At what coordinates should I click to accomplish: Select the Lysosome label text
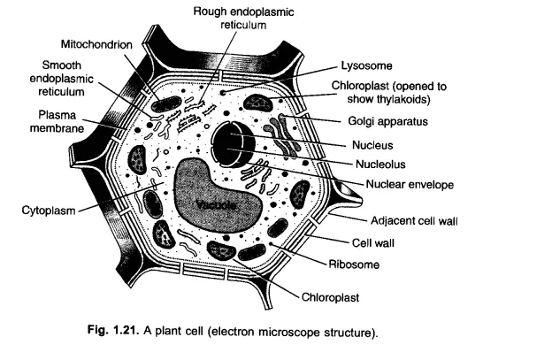coord(367,66)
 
